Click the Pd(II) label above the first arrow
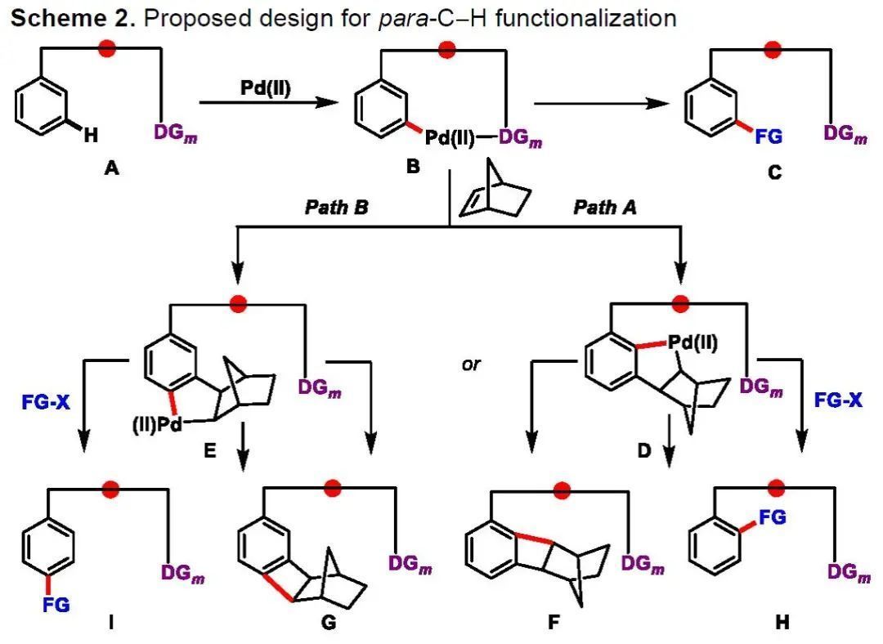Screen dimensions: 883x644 click(265, 88)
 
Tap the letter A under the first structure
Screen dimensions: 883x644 click(111, 168)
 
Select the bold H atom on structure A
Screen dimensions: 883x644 click(91, 135)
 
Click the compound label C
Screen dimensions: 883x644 click(774, 172)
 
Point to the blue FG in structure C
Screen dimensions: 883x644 click(769, 136)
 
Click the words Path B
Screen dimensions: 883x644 click(336, 208)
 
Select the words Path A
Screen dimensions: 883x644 click(605, 208)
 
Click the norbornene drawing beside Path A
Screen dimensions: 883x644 click(495, 190)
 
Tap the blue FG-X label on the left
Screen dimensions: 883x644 click(46, 402)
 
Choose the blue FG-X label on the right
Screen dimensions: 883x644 click(838, 400)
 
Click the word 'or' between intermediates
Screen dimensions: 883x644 click(472, 364)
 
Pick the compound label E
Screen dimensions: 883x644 click(209, 450)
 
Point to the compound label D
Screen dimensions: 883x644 click(643, 450)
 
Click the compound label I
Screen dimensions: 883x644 click(111, 622)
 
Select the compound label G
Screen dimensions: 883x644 click(329, 622)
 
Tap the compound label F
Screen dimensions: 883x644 click(554, 622)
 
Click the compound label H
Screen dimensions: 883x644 click(782, 622)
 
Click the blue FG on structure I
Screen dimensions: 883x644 click(56, 605)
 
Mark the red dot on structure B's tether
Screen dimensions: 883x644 click(446, 49)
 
